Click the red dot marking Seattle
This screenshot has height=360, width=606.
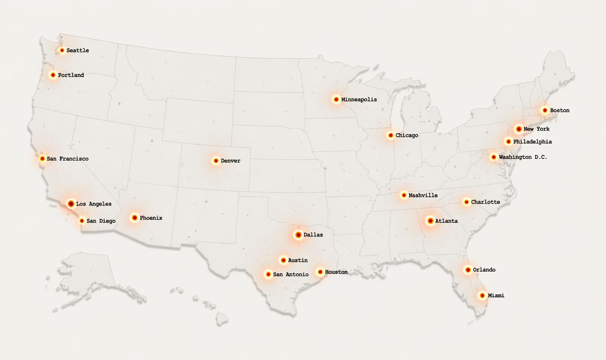(62, 50)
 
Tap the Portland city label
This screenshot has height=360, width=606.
(71, 75)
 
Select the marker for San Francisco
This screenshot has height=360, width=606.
(42, 159)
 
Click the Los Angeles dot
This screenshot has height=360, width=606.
(71, 204)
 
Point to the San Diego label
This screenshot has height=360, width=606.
(101, 221)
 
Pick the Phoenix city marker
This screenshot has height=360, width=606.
(135, 218)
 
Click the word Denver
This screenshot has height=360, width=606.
(230, 161)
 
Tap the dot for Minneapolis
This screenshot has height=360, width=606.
(336, 99)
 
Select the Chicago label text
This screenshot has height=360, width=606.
(407, 136)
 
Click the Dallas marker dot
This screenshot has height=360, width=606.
(298, 235)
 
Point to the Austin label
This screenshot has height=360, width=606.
(298, 260)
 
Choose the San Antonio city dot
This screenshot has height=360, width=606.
(268, 274)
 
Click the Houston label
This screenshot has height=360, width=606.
(336, 272)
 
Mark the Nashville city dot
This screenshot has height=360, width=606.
(404, 195)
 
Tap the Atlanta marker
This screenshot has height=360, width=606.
(431, 221)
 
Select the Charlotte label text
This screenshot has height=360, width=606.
(485, 202)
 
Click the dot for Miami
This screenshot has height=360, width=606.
(482, 296)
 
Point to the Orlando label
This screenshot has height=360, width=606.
(484, 270)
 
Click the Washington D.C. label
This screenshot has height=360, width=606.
(523, 157)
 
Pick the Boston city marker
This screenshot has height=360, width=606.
(545, 110)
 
